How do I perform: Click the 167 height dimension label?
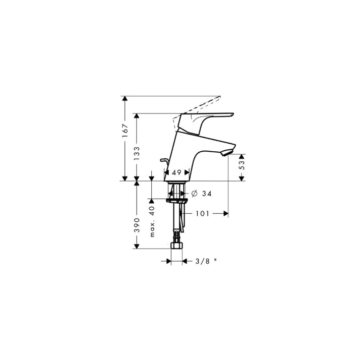[x=125, y=131]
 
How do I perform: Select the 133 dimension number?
[x=137, y=153]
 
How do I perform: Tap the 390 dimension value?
[x=137, y=225]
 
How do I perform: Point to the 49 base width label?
[x=176, y=172]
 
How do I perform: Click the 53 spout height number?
[x=241, y=165]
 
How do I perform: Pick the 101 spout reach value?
[x=203, y=213]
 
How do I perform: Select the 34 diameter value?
[x=207, y=194]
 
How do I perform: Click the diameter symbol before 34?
[x=195, y=193]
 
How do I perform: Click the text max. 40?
[x=152, y=221]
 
